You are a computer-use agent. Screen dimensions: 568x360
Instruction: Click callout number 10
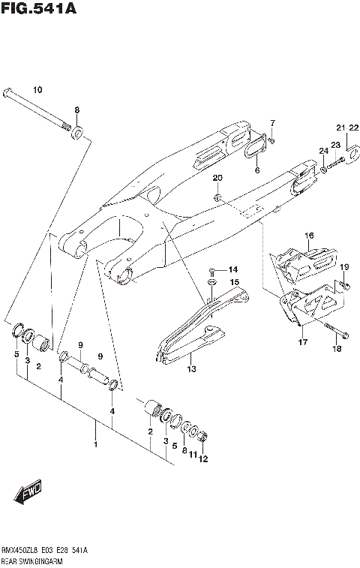[x=37, y=90]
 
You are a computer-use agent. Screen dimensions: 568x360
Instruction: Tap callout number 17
[x=301, y=344]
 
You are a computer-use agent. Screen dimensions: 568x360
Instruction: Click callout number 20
[x=217, y=178]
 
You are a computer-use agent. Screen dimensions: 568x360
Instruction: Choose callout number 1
[x=94, y=445]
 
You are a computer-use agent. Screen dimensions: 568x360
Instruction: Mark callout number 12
[x=202, y=459]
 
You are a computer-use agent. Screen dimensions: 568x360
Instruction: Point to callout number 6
[x=256, y=170]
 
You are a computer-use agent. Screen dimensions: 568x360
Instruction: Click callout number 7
[x=273, y=122]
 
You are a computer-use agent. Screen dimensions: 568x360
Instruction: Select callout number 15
[x=235, y=282]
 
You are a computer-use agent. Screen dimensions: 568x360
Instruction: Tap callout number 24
[x=323, y=151]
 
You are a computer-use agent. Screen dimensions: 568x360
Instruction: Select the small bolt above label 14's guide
[x=213, y=272]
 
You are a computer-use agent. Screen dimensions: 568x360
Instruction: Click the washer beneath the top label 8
[x=76, y=134]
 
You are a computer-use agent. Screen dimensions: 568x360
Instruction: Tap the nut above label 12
[x=203, y=438]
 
